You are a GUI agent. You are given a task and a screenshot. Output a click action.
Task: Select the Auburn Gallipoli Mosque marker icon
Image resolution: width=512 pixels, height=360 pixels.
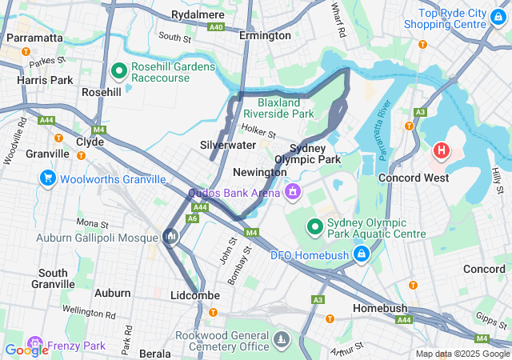click(x=170, y=236)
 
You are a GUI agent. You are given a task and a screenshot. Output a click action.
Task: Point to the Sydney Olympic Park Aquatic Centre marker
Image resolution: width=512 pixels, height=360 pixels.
click(x=315, y=228)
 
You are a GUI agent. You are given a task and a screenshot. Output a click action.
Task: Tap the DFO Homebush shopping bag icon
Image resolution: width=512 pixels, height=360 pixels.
click(x=362, y=254)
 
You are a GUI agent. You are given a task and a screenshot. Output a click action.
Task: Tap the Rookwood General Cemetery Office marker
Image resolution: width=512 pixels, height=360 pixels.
click(x=280, y=340)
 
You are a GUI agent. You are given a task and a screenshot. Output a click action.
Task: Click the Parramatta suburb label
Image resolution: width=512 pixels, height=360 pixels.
click(x=34, y=38)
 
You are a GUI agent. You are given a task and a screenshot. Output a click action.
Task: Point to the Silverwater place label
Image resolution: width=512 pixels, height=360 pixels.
click(x=228, y=145)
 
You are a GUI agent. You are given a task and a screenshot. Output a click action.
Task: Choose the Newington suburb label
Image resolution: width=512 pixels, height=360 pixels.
click(x=259, y=173)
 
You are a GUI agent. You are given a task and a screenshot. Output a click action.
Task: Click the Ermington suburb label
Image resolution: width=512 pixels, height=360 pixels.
click(x=265, y=36)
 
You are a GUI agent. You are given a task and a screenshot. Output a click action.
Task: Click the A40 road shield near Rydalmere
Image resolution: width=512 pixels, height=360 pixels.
click(x=216, y=26)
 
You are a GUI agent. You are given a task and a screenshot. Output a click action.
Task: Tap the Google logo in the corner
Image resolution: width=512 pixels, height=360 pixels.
click(x=26, y=350)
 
